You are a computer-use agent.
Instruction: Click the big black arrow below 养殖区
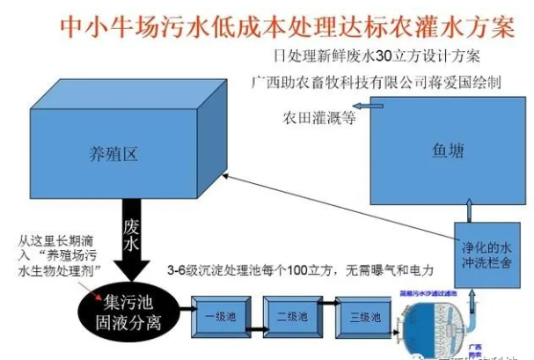click(132, 231)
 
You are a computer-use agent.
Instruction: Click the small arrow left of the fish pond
click(370, 106)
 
